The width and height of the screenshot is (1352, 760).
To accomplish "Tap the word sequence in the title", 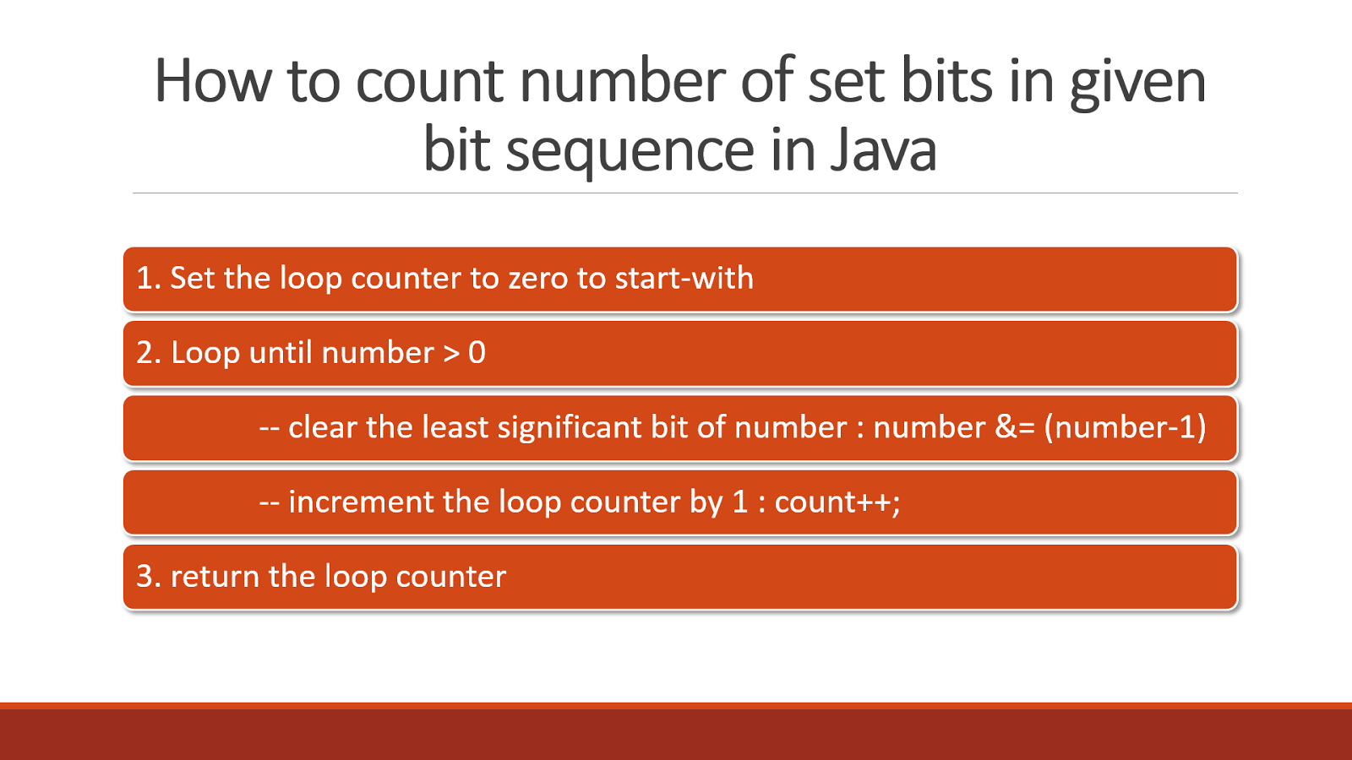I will coord(630,152).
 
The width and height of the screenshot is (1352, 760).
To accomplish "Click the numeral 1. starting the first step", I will coord(149,279).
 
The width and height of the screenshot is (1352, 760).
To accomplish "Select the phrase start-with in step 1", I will coord(684,279).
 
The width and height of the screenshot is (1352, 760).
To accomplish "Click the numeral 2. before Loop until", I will coord(149,353).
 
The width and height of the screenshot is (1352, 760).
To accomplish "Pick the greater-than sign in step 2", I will coord(451,353).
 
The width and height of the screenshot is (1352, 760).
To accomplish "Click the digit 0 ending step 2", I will coord(477,353).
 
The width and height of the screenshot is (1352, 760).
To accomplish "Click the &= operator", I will coord(1014,427).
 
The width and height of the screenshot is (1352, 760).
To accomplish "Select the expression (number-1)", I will coord(1125,427).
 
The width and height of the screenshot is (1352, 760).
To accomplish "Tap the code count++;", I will coord(837,502).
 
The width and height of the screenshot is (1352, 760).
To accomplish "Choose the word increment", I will coord(361,502).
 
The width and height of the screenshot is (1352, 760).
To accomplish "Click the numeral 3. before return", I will coord(149,577).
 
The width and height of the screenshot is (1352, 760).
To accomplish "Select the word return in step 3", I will coord(215,577).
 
